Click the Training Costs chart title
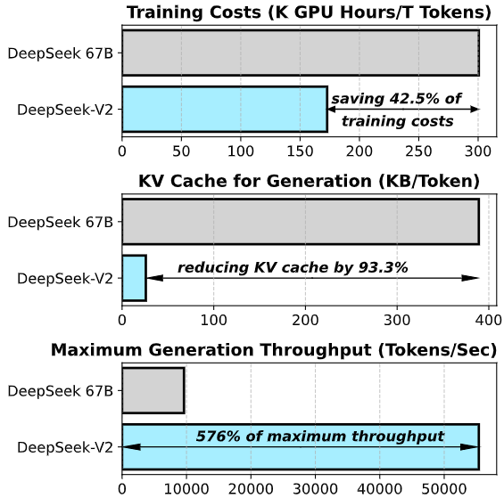[309, 12]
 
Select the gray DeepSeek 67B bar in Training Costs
[300, 53]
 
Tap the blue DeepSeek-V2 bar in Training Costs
[224, 110]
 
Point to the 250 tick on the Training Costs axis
[419, 151]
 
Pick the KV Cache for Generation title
[309, 181]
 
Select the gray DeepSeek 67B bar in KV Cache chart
[300, 221]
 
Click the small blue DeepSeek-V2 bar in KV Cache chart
[134, 278]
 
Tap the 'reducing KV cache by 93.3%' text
[292, 267]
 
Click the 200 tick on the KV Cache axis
[306, 319]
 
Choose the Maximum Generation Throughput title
[274, 349]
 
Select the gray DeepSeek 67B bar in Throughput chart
[153, 390]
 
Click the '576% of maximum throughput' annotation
[320, 437]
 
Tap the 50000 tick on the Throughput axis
[445, 488]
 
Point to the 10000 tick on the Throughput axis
[186, 488]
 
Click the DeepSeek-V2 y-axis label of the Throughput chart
[65, 447]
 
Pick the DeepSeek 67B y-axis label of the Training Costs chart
[60, 53]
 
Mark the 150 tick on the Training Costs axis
[300, 151]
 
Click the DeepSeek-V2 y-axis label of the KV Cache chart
[65, 278]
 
